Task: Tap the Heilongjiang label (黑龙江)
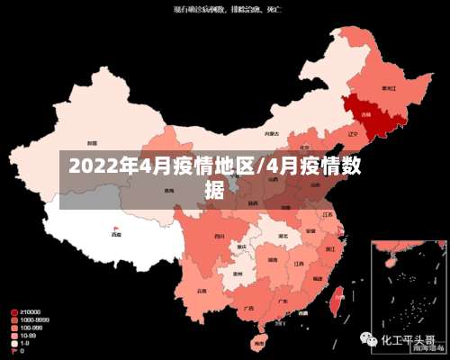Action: tap(389, 88)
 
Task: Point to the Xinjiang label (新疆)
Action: tap(92, 143)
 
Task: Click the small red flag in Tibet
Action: tap(115, 228)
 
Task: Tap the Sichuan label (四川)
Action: tap(219, 236)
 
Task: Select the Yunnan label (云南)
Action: tap(206, 289)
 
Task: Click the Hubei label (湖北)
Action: tap(283, 237)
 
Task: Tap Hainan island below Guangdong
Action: tap(259, 342)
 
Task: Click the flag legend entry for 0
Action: tap(15, 350)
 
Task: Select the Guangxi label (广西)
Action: tap(247, 308)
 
